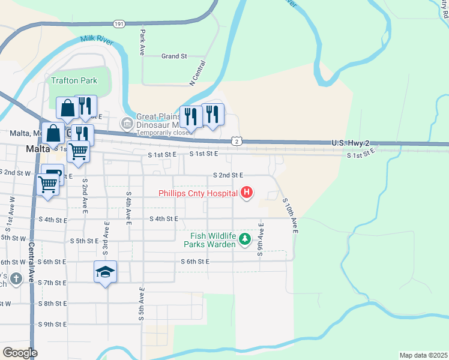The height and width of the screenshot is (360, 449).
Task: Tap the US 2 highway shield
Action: coord(238,141)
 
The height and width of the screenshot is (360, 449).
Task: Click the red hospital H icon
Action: coord(246,193)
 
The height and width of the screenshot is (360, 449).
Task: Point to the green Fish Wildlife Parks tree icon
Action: coord(244,239)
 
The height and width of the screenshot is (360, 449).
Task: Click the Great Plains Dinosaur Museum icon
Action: coord(127,123)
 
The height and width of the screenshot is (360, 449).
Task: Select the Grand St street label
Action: coord(174,56)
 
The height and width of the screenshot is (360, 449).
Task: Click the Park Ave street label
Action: coord(143,42)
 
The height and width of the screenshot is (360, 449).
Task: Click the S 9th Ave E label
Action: coord(261,240)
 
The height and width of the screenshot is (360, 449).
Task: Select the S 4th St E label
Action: coord(164,219)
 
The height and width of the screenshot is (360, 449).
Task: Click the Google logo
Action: coord(20,353)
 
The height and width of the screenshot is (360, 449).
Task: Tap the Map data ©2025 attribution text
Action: coord(423,355)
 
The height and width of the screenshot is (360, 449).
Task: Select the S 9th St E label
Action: coord(52,324)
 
